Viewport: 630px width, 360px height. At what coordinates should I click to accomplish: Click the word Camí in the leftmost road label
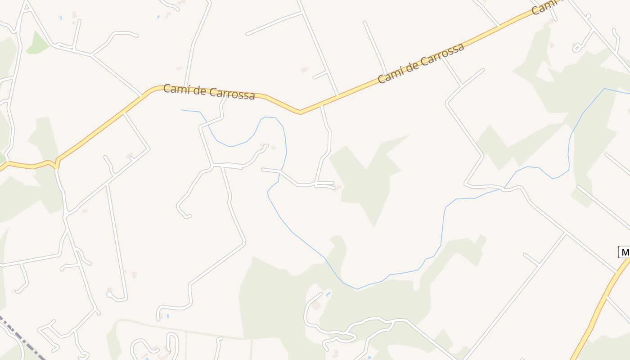[173, 89]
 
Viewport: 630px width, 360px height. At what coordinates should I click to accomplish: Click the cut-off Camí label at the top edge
[544, 7]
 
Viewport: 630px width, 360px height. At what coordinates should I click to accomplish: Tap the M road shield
[624, 252]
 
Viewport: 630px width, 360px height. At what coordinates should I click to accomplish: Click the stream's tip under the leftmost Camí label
[182, 110]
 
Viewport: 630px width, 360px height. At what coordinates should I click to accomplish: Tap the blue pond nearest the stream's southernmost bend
[328, 294]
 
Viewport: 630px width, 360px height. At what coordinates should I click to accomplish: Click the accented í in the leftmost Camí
[181, 89]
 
